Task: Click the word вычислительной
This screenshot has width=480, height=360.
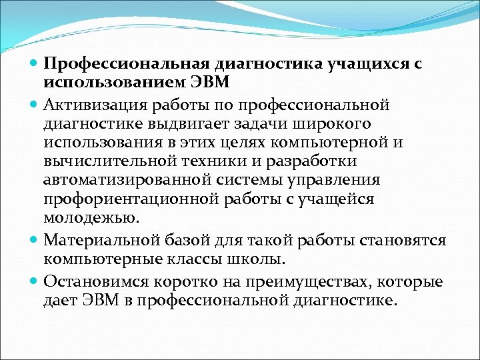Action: click(x=98, y=161)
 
